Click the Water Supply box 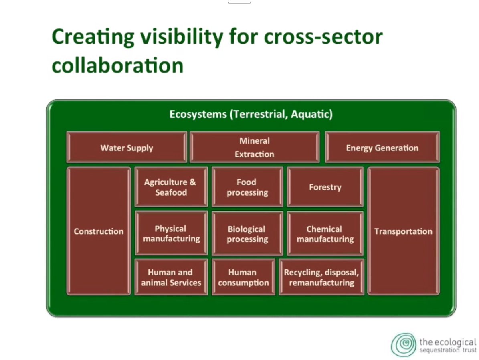point(127,147)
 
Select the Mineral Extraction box point(255,147)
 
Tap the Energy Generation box point(382,147)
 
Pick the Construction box point(99,231)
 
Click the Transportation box point(404,231)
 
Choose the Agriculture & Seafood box point(171,187)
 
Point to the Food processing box point(247,187)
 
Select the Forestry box point(325,187)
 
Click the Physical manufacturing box point(171,233)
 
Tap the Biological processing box point(247,233)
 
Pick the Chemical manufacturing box point(325,233)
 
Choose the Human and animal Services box point(171,277)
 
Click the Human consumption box point(243,277)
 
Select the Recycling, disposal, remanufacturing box point(321,277)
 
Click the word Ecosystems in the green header point(198,114)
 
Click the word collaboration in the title point(117,65)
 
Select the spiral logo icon point(404,345)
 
